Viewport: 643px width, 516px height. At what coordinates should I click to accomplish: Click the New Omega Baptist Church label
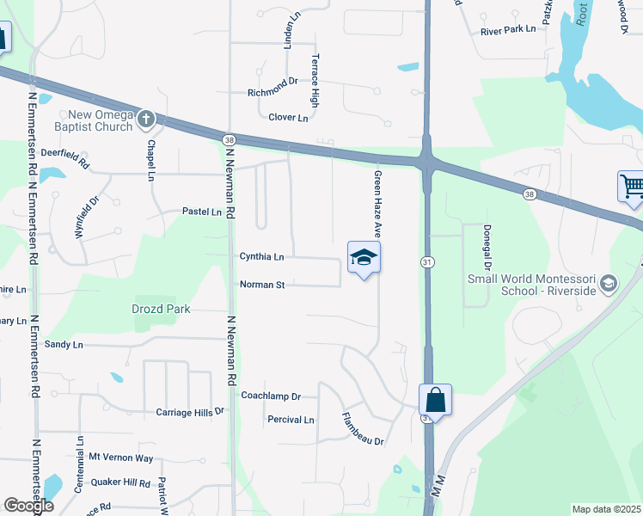pyautogui.click(x=101, y=121)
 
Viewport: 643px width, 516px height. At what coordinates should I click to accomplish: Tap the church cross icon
pyautogui.click(x=147, y=118)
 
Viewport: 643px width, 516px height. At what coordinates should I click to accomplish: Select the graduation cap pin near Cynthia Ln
pyautogui.click(x=364, y=257)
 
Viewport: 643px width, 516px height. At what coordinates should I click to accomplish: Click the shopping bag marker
pyautogui.click(x=435, y=400)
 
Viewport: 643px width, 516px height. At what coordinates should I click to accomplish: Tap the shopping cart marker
pyautogui.click(x=631, y=186)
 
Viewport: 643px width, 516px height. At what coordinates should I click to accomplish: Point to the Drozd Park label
pyautogui.click(x=161, y=309)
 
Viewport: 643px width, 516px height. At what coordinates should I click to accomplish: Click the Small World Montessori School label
pyautogui.click(x=530, y=285)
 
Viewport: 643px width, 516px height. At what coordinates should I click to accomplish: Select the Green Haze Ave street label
pyautogui.click(x=377, y=204)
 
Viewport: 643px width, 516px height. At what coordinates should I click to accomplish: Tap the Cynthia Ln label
pyautogui.click(x=261, y=256)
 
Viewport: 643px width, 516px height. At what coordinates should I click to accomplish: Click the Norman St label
pyautogui.click(x=261, y=285)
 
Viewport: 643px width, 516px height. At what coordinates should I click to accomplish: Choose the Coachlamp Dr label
pyautogui.click(x=271, y=396)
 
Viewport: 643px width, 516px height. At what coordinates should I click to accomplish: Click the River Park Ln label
pyautogui.click(x=508, y=30)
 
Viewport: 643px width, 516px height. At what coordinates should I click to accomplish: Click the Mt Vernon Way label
pyautogui.click(x=121, y=458)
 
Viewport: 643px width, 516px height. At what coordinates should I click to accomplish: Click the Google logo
pyautogui.click(x=28, y=506)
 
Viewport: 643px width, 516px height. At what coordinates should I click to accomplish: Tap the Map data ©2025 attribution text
pyautogui.click(x=605, y=509)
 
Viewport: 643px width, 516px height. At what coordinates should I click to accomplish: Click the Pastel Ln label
pyautogui.click(x=201, y=212)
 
